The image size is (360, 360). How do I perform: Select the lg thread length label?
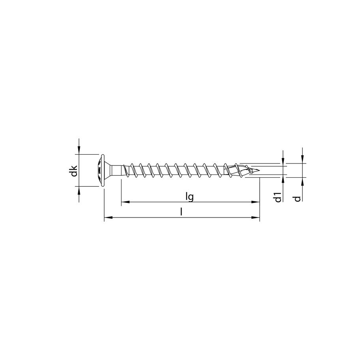click(190, 196)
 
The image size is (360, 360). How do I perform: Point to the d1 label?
click(278, 196)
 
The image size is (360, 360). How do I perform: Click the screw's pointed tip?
click(259, 171)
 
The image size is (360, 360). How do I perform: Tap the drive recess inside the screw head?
click(99, 171)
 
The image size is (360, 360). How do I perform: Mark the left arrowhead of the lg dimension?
click(124, 202)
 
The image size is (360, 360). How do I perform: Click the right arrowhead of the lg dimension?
click(257, 202)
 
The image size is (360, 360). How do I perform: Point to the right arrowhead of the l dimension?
click(257, 217)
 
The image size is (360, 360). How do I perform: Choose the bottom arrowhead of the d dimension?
click(302, 181)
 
